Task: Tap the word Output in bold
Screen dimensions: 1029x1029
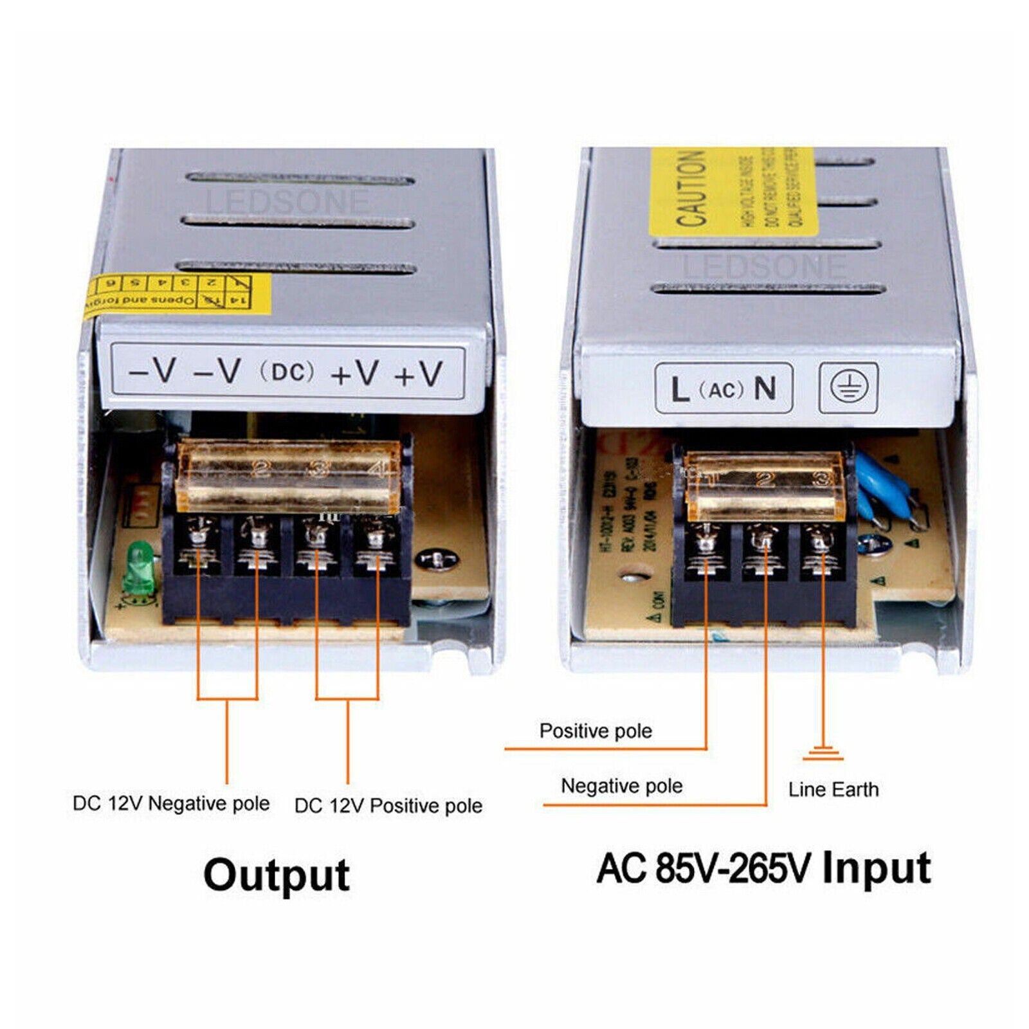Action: pyautogui.click(x=277, y=875)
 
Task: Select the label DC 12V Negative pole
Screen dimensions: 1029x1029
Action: pyautogui.click(x=171, y=803)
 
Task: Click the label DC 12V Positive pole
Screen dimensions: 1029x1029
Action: pyautogui.click(x=388, y=805)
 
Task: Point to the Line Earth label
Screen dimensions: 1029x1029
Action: pyautogui.click(x=833, y=789)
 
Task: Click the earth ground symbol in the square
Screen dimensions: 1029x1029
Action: pyautogui.click(x=848, y=387)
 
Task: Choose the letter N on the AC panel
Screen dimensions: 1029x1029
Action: pyautogui.click(x=765, y=388)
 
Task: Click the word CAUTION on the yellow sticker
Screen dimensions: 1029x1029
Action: pyautogui.click(x=691, y=189)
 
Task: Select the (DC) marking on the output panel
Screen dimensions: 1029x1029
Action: pyautogui.click(x=287, y=372)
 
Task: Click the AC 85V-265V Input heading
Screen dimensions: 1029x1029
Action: pyautogui.click(x=763, y=868)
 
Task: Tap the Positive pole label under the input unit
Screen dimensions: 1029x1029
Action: pyautogui.click(x=596, y=731)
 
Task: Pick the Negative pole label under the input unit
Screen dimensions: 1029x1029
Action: pyautogui.click(x=621, y=785)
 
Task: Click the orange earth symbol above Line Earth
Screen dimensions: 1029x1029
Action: pyautogui.click(x=823, y=753)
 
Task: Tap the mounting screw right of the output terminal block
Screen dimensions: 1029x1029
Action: pyautogui.click(x=436, y=560)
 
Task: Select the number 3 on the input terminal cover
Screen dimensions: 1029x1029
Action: pyautogui.click(x=821, y=478)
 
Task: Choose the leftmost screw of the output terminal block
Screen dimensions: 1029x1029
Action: pyautogui.click(x=198, y=535)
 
